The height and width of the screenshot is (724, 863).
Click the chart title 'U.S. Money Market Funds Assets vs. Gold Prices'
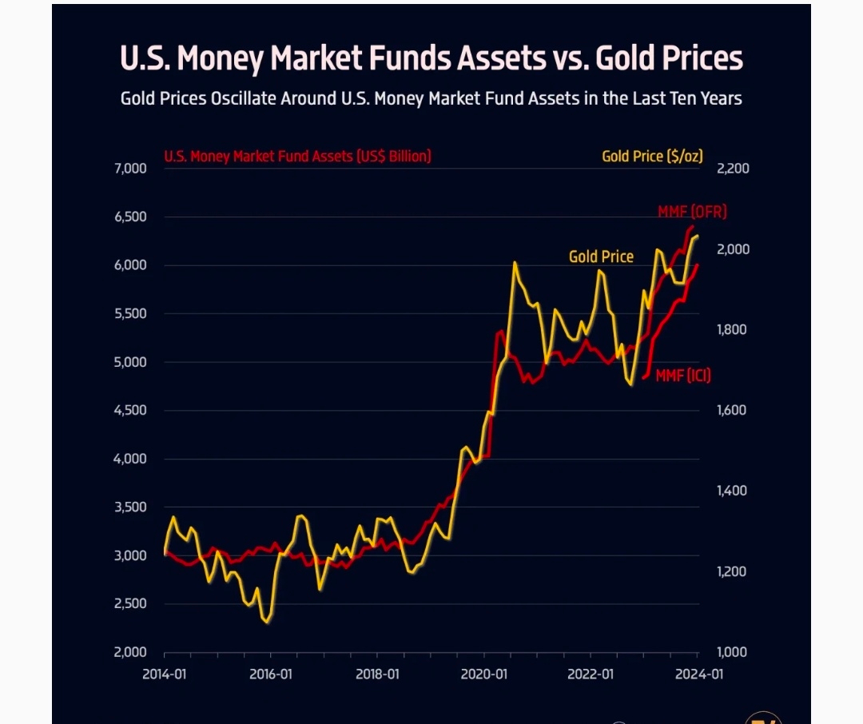pos(431,58)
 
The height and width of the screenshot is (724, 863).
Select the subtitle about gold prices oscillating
pos(431,99)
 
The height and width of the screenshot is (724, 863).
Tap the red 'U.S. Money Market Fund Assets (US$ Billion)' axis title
pos(297,157)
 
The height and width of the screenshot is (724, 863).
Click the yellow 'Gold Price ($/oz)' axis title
pos(652,157)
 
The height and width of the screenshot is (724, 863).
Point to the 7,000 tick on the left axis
pos(131,169)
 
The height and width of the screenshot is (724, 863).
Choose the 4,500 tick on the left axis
pos(131,411)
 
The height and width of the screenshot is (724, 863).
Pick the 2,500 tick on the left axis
pos(131,604)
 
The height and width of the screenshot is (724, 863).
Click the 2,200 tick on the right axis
pos(733,169)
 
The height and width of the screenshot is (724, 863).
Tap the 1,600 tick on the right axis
pos(733,411)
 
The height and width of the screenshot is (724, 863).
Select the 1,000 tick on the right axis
pos(733,652)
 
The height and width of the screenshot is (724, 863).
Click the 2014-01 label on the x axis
pos(165,674)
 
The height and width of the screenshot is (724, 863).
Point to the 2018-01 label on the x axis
pos(377,674)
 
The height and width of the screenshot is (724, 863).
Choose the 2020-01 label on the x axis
pos(484,674)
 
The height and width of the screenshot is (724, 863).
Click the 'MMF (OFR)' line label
pos(692,212)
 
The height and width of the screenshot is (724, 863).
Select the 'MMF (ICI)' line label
pos(682,376)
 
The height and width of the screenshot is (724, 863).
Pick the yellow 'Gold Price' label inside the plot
pos(601,257)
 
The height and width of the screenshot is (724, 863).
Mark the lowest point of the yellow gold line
pos(267,622)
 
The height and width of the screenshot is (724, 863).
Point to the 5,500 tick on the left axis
pos(131,314)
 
